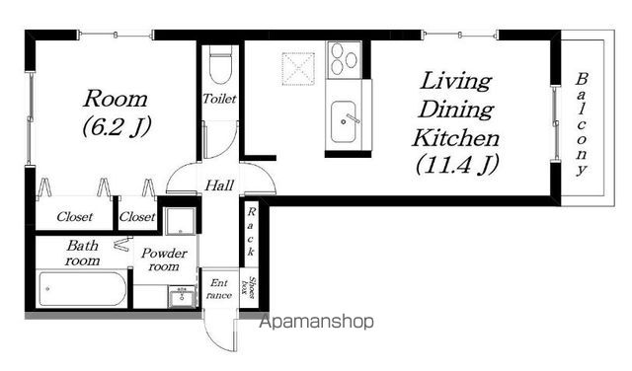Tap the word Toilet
[219, 99]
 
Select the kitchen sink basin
[344, 121]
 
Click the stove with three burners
[344, 60]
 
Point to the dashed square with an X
[298, 68]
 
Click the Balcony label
[581, 124]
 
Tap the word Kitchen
[456, 138]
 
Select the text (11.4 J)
[457, 165]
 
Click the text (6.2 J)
[117, 126]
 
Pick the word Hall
[219, 185]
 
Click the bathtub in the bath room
[82, 289]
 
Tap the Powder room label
[164, 260]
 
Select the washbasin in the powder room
[182, 297]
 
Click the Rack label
[251, 233]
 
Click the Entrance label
[219, 289]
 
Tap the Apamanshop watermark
[316, 322]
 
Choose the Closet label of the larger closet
[75, 217]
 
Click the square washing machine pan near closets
[180, 221]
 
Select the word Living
[456, 82]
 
